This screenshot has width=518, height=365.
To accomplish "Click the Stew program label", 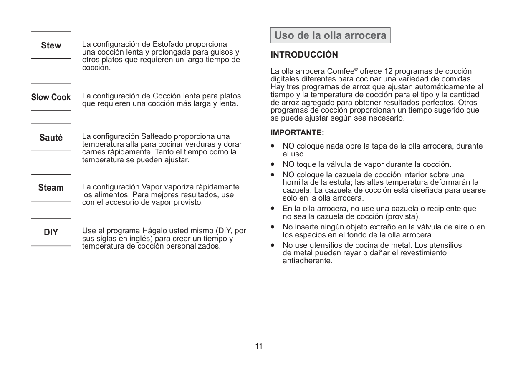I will point(51,45).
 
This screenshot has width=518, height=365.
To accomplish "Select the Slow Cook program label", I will point(51,97).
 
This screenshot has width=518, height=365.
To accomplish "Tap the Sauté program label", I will point(51,137).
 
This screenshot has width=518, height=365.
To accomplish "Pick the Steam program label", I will point(51,188).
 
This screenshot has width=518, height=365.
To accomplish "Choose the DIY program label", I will point(51,232).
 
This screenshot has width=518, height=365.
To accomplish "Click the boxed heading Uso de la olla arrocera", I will point(330,35).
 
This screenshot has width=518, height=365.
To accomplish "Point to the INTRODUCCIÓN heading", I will point(304,55).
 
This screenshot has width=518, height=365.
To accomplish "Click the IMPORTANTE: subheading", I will point(297,133).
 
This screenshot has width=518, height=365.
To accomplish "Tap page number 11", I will point(259,346).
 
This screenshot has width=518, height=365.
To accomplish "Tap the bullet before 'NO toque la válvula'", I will point(273,164).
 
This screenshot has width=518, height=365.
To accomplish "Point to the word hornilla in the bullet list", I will point(296,182).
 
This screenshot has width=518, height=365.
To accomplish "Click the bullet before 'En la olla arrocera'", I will point(273,208).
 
